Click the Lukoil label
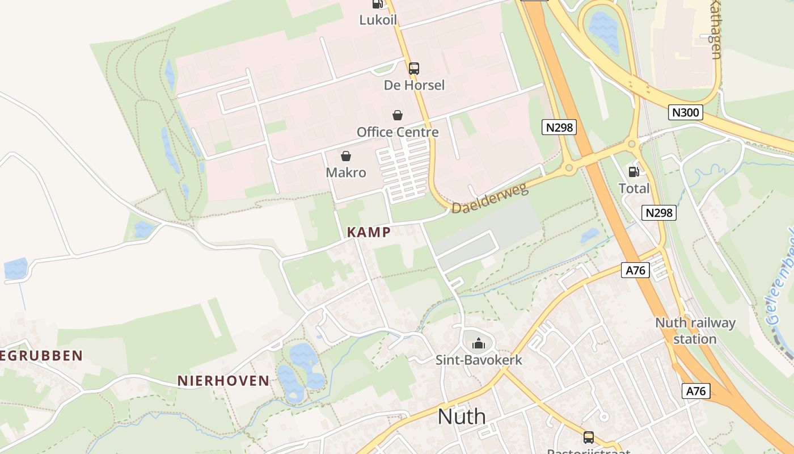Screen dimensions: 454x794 (378, 20)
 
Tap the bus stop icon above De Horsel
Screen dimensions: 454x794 (414, 69)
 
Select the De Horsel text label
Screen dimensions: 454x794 (414, 85)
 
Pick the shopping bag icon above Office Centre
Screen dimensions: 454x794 (398, 115)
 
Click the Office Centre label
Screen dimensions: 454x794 (398, 132)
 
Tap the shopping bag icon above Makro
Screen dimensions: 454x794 (346, 156)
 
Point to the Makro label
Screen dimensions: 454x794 (346, 173)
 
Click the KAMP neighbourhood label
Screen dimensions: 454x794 (369, 232)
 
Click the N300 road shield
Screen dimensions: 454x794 (685, 112)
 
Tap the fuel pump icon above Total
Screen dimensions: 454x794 (634, 171)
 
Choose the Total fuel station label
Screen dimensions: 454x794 (634, 188)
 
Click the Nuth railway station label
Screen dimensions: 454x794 (695, 331)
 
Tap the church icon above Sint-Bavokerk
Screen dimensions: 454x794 (479, 343)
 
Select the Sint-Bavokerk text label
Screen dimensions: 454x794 (479, 360)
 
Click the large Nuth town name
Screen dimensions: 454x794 (462, 417)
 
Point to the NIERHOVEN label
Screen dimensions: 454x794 (223, 380)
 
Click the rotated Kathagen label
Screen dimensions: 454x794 (716, 28)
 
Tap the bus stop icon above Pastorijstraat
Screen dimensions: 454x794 (589, 438)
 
